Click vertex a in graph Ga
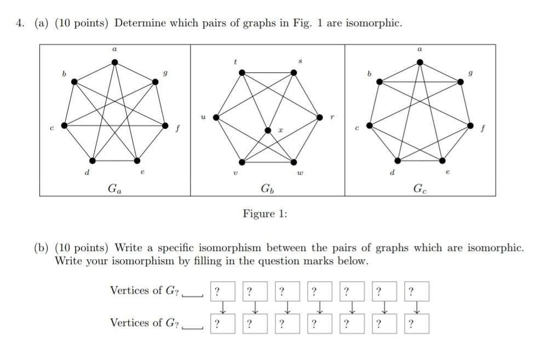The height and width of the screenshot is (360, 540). (x=114, y=62)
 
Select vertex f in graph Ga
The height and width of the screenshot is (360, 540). (x=166, y=125)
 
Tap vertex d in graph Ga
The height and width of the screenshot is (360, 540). (x=92, y=160)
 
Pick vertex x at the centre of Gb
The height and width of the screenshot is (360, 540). (x=268, y=130)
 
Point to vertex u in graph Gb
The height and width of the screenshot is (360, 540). (x=216, y=117)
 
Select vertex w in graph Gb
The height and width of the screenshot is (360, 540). (x=294, y=162)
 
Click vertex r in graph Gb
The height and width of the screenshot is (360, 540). (x=320, y=117)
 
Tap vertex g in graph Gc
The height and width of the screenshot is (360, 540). (x=459, y=82)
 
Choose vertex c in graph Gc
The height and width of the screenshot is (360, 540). (x=370, y=125)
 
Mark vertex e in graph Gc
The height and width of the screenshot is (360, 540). (x=443, y=160)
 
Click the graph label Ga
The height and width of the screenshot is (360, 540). (x=115, y=189)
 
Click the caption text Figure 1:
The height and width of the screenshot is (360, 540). (x=265, y=214)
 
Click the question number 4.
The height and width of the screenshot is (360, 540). (x=20, y=24)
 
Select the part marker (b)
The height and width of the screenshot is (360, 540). (x=42, y=248)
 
